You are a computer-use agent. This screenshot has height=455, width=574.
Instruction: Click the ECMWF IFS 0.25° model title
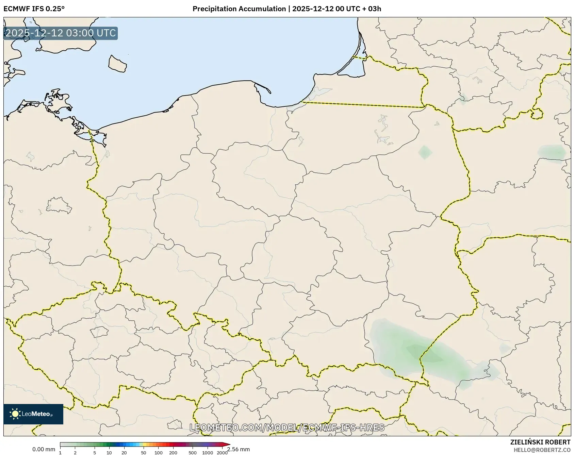click(34, 9)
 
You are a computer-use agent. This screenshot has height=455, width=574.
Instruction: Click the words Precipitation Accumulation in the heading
click(239, 9)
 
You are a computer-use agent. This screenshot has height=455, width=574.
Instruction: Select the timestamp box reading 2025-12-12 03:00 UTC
click(61, 33)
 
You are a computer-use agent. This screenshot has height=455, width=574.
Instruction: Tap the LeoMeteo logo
click(33, 414)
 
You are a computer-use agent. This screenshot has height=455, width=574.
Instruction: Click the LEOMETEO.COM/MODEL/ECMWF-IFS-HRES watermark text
click(287, 427)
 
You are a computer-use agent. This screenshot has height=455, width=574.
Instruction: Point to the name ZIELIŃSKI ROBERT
click(540, 442)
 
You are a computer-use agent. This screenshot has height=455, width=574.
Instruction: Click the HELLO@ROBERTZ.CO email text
click(542, 450)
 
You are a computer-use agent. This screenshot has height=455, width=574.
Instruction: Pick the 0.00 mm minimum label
click(44, 450)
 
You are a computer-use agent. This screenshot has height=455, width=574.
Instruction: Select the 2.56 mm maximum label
click(239, 450)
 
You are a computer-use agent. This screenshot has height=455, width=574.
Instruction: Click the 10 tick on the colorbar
click(109, 453)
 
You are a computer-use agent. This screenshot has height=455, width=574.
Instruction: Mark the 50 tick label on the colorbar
click(144, 453)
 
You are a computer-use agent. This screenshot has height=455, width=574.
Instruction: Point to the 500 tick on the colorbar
click(193, 453)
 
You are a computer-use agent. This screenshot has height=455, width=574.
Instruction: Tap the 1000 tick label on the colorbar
click(208, 453)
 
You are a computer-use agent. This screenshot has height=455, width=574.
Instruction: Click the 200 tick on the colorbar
click(173, 453)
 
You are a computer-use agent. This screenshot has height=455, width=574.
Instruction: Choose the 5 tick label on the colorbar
click(95, 453)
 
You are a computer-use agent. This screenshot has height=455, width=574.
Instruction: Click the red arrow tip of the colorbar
click(227, 444)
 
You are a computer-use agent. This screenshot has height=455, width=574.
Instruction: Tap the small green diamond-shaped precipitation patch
click(425, 152)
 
